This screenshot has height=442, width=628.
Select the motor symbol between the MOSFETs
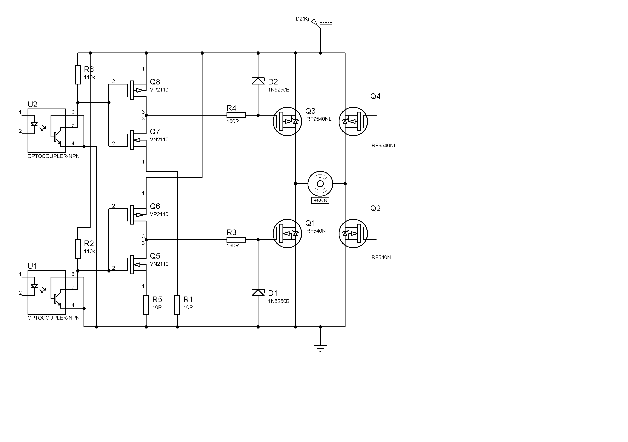[320, 184]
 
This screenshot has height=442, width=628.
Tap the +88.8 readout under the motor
[320, 200]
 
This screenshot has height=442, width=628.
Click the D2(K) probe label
[302, 19]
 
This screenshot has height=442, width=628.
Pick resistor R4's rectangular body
[236, 115]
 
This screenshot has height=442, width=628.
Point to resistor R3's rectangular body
[236, 240]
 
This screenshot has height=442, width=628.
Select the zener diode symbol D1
[258, 292]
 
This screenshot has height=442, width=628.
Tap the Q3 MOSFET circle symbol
[287, 121]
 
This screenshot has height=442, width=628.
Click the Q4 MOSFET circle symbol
[353, 121]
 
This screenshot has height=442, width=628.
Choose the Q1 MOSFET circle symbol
[287, 233]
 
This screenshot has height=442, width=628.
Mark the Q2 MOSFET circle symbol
[353, 233]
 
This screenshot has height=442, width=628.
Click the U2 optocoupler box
[46, 131]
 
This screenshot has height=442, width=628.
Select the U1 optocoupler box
[46, 292]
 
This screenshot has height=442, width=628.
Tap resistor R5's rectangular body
[146, 305]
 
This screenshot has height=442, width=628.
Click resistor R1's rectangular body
[177, 305]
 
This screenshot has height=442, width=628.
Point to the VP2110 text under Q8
[159, 90]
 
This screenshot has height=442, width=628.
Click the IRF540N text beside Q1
[315, 231]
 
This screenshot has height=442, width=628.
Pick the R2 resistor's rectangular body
[78, 249]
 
